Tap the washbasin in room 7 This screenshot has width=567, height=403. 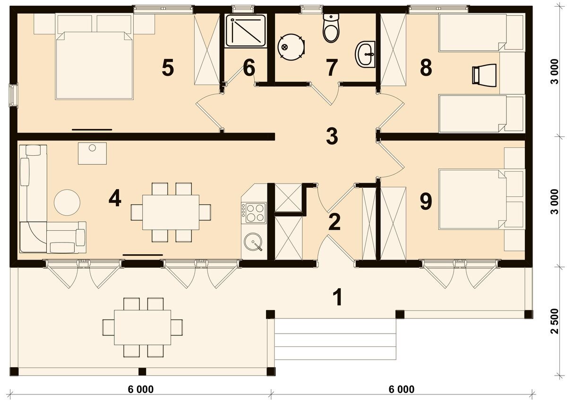point(366,54)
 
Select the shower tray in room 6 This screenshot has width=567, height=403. point(245,31)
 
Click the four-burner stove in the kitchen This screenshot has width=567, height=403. point(254,212)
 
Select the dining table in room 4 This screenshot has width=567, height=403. point(171,212)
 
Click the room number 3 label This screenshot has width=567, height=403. point(332,136)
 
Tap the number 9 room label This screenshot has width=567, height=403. point(425,201)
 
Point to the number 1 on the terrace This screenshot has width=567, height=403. point(337,297)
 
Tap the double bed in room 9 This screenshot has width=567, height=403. point(472,200)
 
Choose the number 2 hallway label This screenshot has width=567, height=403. point(334,223)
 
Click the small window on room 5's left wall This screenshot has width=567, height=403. point(14,94)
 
